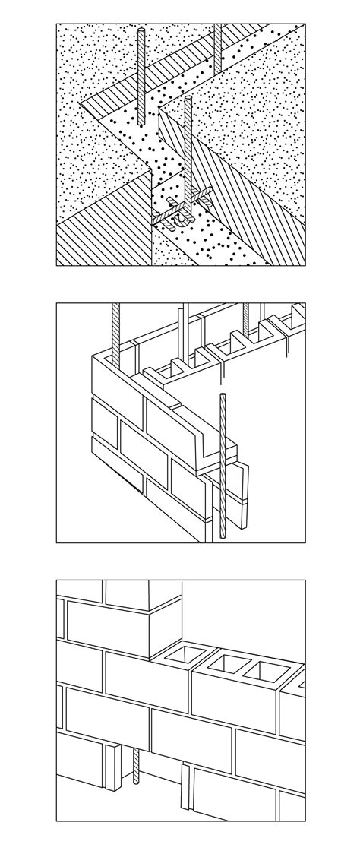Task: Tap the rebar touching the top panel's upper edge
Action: click(x=217, y=46)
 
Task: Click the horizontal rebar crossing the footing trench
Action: click(x=181, y=210)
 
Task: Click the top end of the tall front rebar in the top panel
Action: click(x=189, y=96)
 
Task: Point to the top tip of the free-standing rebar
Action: click(x=222, y=394)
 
